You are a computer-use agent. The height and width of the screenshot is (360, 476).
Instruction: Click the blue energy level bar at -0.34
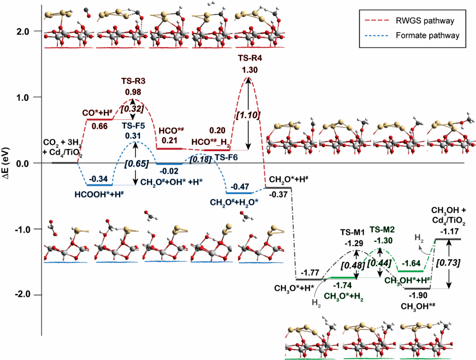(x=99, y=185)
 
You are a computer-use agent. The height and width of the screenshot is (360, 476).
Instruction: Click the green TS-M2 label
(x=382, y=229)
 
